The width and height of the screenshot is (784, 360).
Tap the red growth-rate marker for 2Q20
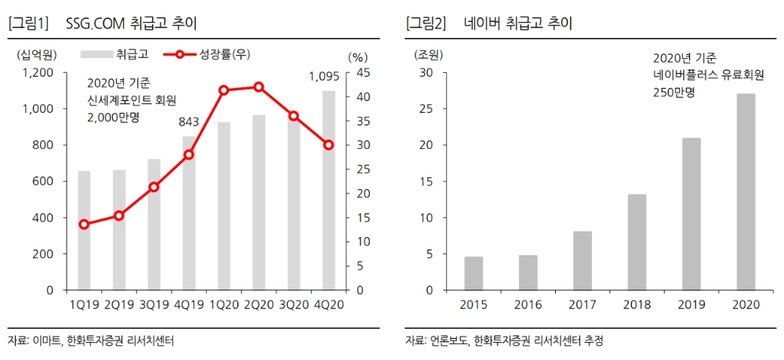click(x=259, y=87)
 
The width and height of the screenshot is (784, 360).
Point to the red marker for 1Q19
click(x=84, y=224)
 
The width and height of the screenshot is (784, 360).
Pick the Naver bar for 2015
click(x=474, y=273)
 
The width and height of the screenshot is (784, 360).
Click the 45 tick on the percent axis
click(x=354, y=72)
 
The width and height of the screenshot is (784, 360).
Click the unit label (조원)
click(x=428, y=54)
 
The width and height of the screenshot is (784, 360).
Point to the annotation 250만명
click(x=673, y=92)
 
